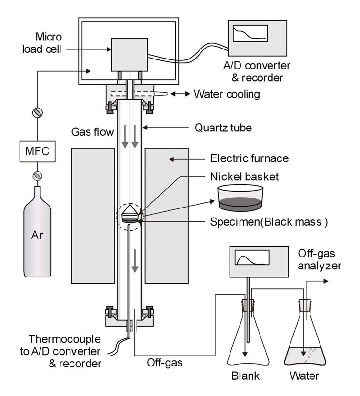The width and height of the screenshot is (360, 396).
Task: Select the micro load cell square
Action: pos(127,54)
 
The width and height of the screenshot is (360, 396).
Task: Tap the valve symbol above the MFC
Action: pos(37,112)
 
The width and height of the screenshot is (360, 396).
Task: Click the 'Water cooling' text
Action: pos(227,94)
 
